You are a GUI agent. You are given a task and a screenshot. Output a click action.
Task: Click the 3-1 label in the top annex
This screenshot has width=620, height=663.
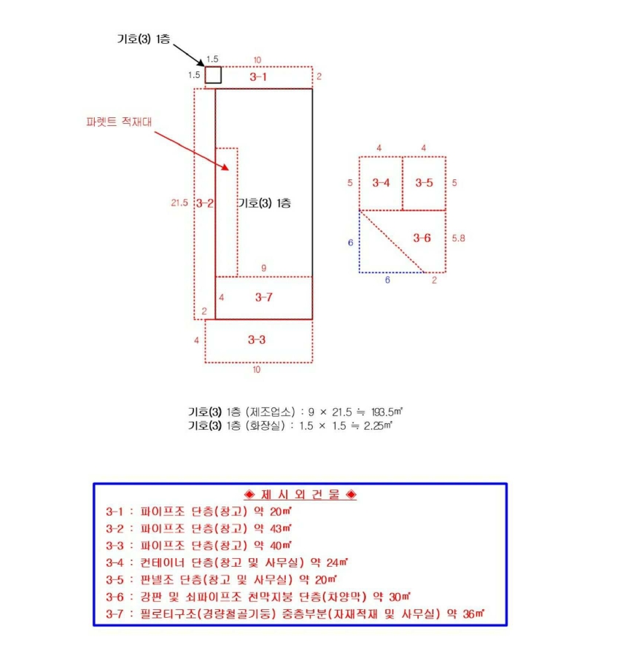tap(258, 76)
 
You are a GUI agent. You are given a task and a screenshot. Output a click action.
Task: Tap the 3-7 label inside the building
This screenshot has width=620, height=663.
tap(263, 297)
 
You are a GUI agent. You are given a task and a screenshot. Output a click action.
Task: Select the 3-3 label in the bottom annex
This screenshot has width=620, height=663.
tap(257, 340)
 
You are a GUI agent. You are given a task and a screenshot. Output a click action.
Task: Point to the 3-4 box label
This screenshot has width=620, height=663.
tap(381, 183)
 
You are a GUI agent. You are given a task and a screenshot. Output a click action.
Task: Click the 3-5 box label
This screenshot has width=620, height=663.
tap(424, 183)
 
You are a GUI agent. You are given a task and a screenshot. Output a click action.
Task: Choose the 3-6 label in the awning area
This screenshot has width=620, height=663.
tap(422, 238)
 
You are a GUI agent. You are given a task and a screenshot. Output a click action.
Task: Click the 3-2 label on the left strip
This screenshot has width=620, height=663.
tap(205, 203)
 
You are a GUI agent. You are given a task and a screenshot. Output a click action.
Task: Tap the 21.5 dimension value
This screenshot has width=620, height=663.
tap(179, 203)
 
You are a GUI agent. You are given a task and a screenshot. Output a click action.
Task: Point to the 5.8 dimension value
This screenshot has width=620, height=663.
tap(458, 238)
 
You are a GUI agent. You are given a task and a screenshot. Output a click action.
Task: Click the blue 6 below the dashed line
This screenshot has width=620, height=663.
tap(387, 280)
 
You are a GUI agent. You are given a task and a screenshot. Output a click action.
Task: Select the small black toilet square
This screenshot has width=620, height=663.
tap(213, 75)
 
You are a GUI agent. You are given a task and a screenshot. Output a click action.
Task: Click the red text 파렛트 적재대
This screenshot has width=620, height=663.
tap(119, 122)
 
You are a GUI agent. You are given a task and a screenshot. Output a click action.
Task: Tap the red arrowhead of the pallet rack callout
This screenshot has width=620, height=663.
tap(225, 168)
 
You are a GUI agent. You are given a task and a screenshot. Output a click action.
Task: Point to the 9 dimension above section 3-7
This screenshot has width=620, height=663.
tap(263, 268)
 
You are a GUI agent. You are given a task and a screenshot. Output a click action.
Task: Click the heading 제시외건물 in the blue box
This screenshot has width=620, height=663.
tap(301, 494)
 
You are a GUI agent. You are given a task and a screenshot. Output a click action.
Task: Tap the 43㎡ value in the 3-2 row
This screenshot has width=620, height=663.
tap(281, 528)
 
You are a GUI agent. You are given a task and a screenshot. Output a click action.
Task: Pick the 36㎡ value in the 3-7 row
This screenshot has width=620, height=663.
tap(473, 613)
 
